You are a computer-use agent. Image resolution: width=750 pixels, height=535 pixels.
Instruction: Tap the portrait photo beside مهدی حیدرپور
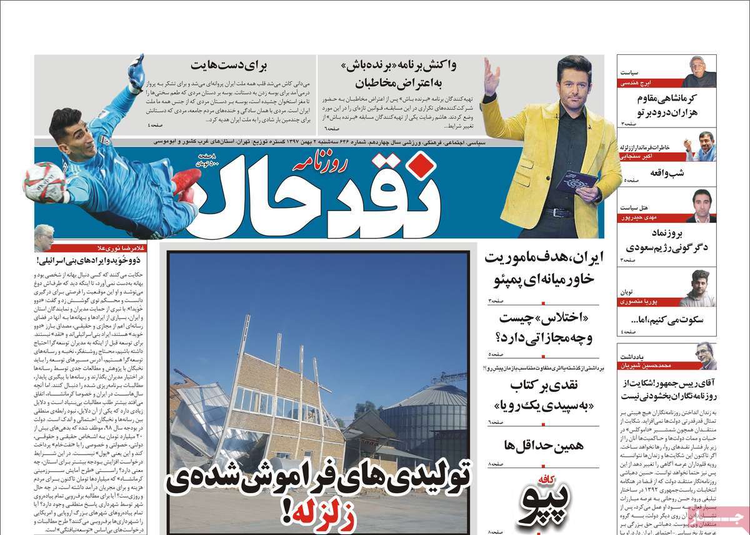click(x=701, y=207)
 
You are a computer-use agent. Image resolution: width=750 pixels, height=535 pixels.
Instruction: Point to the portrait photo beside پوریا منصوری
click(x=699, y=288)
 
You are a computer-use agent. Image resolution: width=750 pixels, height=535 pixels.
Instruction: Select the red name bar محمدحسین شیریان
click(x=650, y=366)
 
